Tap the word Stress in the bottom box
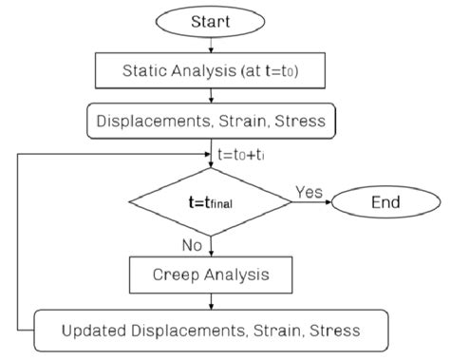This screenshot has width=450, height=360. tap(330, 330)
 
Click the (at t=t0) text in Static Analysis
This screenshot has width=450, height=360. tap(275, 69)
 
